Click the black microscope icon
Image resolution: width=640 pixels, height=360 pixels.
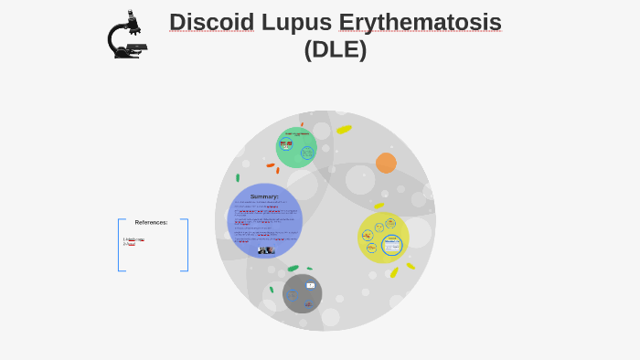click(x=126, y=36)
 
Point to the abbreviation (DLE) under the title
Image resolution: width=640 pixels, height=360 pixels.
click(x=335, y=49)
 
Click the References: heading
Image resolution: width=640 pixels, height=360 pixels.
click(x=151, y=222)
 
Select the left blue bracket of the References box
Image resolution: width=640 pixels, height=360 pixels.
click(x=120, y=245)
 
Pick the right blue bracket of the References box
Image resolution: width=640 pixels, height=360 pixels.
click(x=186, y=245)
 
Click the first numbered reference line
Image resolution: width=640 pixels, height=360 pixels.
click(x=133, y=239)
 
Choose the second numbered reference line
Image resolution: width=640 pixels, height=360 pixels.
click(x=130, y=244)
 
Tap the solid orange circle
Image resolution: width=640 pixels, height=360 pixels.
click(x=386, y=163)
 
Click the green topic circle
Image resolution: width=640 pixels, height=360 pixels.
click(x=296, y=147)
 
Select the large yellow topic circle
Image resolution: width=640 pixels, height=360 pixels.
click(x=383, y=238)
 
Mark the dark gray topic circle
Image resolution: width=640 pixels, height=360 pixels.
click(x=302, y=293)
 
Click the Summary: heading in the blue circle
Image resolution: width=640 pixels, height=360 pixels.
click(x=264, y=196)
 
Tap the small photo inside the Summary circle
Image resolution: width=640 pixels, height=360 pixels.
click(x=265, y=249)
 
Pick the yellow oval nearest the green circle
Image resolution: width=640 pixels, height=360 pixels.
click(x=344, y=130)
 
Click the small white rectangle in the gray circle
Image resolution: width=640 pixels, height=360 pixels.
click(x=310, y=285)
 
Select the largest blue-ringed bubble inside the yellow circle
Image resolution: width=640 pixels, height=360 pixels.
click(x=392, y=245)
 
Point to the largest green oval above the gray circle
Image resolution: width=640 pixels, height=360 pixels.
click(x=293, y=268)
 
